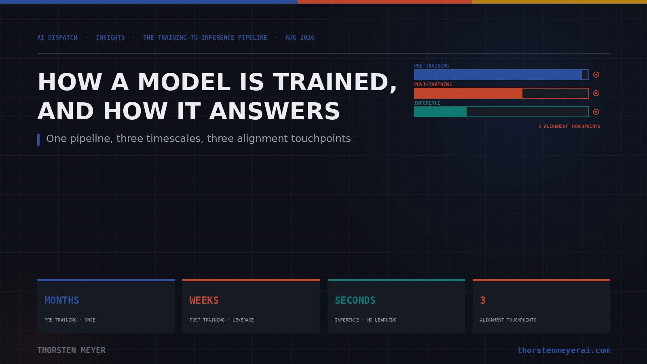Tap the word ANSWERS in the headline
click(x=275, y=112)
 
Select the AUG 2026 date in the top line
click(x=300, y=38)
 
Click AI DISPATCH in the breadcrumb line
click(x=57, y=38)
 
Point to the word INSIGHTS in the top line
click(x=110, y=38)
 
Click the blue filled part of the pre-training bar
click(x=498, y=74)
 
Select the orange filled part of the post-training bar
click(x=468, y=93)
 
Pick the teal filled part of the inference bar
click(x=440, y=112)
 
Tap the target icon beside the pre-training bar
click(x=596, y=74)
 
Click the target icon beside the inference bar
click(x=596, y=112)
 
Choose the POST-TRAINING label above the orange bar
click(x=433, y=85)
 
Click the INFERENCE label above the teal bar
click(x=427, y=103)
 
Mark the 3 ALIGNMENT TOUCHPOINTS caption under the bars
click(x=569, y=126)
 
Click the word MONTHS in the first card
click(x=62, y=301)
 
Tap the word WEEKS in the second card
click(x=204, y=301)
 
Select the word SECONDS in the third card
click(x=355, y=301)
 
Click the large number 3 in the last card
click(x=483, y=301)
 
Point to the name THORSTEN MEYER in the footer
click(x=71, y=350)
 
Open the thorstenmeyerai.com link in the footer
click(x=564, y=350)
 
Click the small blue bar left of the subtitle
click(x=38, y=140)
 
